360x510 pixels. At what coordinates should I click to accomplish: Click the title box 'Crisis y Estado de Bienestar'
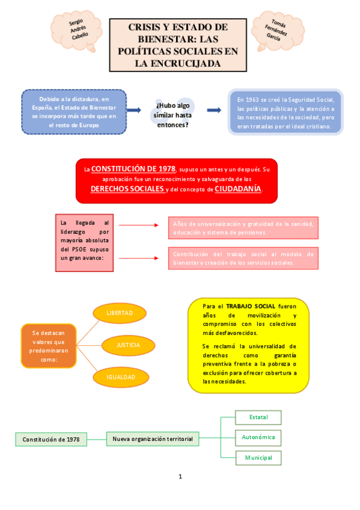click(x=178, y=45)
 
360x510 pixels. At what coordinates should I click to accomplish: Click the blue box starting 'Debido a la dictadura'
click(x=74, y=111)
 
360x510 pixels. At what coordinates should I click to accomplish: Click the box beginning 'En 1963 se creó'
click(x=285, y=112)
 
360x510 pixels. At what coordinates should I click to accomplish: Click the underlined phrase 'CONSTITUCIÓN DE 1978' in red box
click(x=133, y=168)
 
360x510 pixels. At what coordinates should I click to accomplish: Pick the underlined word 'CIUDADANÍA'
click(x=238, y=189)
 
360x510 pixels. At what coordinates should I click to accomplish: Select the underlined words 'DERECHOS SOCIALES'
click(x=127, y=189)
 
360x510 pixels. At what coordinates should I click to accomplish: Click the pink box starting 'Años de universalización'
click(x=243, y=228)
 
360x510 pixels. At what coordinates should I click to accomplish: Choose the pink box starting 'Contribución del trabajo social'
click(x=243, y=258)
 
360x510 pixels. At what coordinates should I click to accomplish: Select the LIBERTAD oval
click(x=120, y=313)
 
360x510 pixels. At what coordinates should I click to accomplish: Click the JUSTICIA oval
click(x=128, y=345)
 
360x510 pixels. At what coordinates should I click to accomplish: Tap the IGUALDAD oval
click(x=120, y=377)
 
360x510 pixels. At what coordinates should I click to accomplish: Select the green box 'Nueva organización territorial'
click(x=153, y=439)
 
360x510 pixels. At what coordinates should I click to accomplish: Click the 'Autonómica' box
click(x=258, y=437)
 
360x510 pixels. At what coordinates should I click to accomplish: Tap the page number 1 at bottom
click(x=180, y=477)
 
